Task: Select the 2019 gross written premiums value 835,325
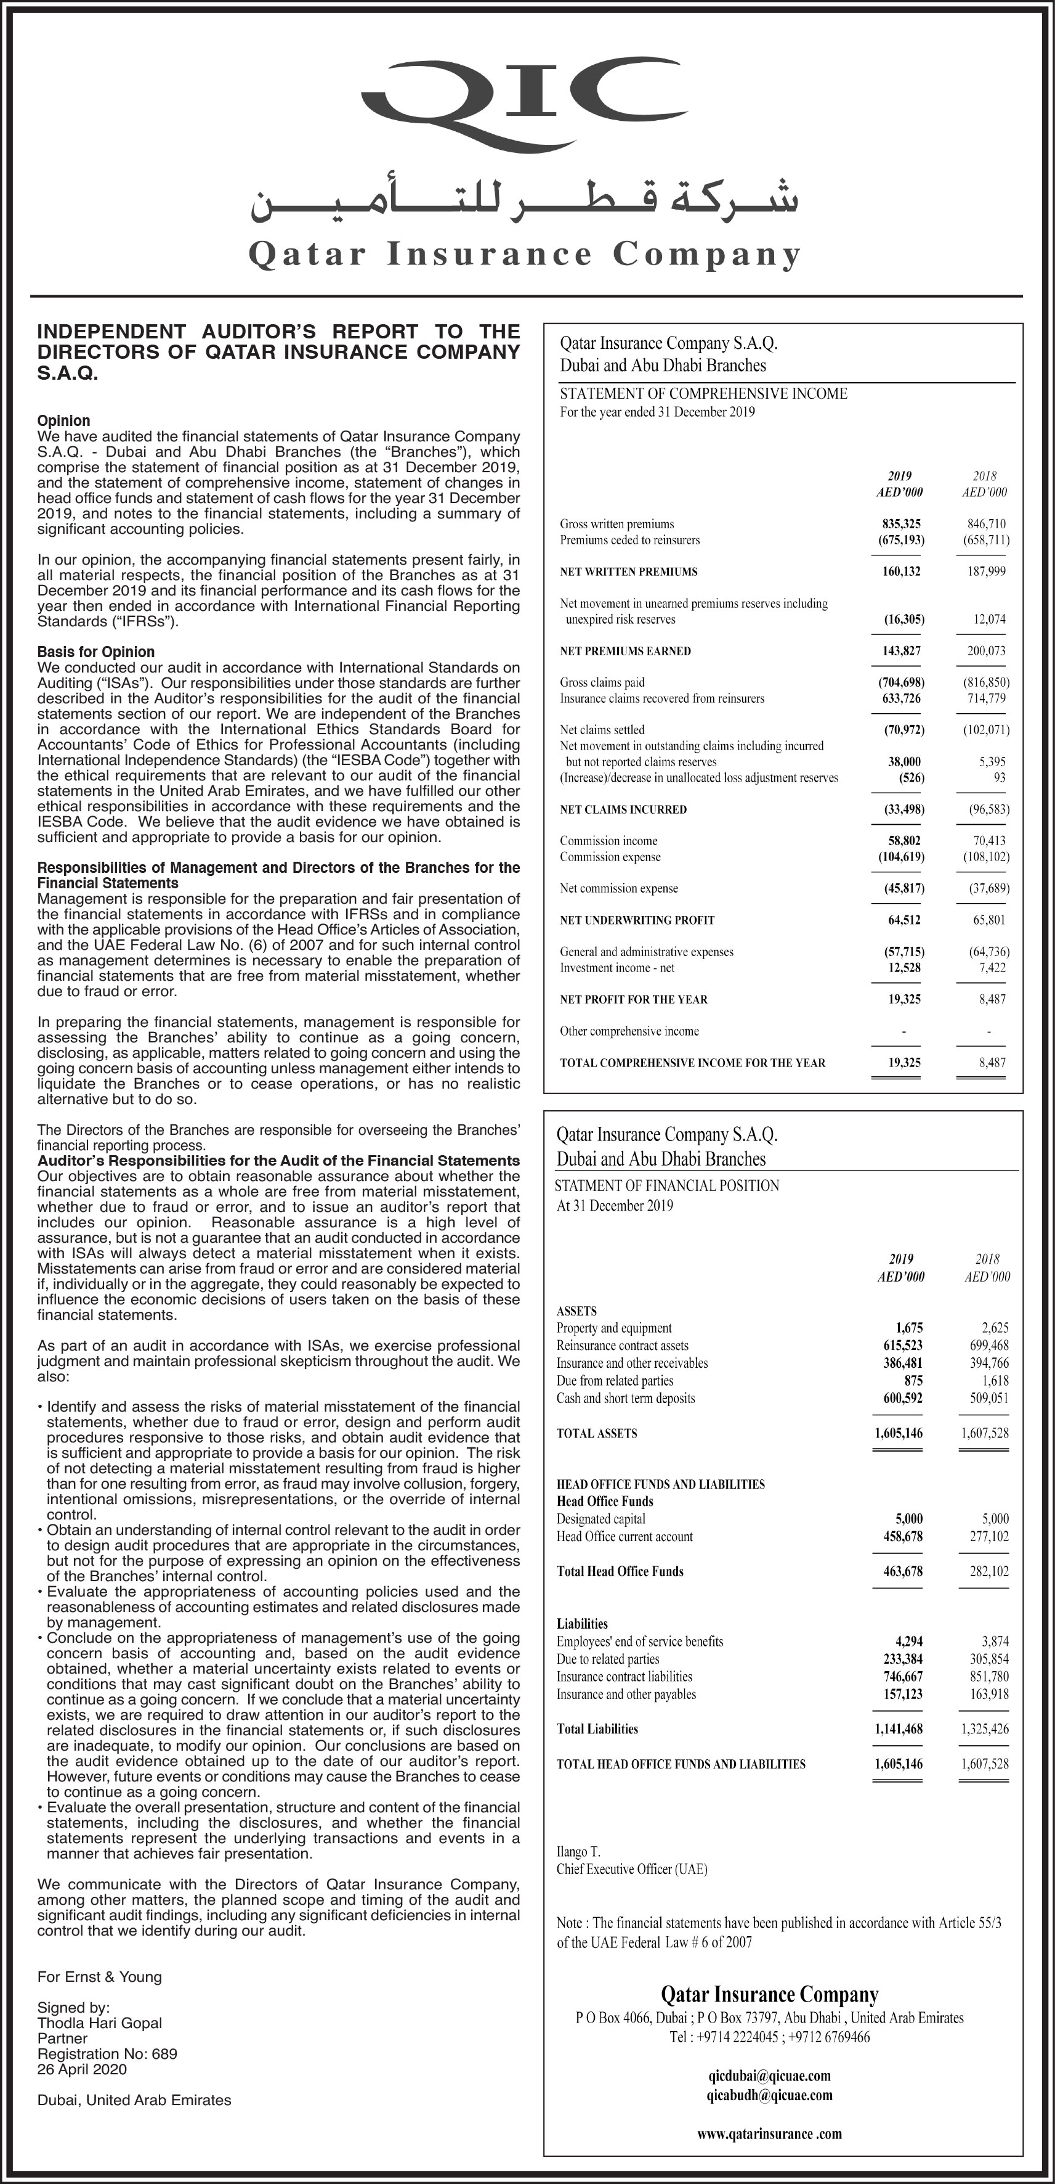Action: click(901, 524)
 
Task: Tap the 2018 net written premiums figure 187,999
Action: click(987, 571)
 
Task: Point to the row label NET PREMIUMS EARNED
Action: click(625, 651)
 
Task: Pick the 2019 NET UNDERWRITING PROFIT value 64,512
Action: click(903, 920)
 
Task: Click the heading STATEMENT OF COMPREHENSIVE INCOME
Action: click(703, 393)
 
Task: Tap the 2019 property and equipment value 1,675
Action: click(908, 1328)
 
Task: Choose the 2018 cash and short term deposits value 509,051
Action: click(989, 1398)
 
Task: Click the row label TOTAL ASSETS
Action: click(597, 1434)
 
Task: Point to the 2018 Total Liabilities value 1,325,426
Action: click(985, 1728)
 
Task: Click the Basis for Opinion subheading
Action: click(95, 652)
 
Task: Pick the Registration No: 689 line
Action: click(107, 2053)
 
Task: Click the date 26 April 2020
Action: click(81, 2069)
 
